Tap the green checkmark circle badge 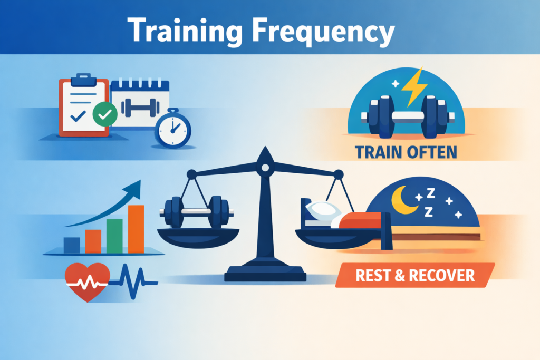[x=104, y=114]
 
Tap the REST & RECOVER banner [x=414, y=275]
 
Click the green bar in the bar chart [x=114, y=236]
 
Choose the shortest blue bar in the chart [x=72, y=245]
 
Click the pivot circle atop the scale [x=265, y=168]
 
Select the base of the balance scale [x=265, y=274]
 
